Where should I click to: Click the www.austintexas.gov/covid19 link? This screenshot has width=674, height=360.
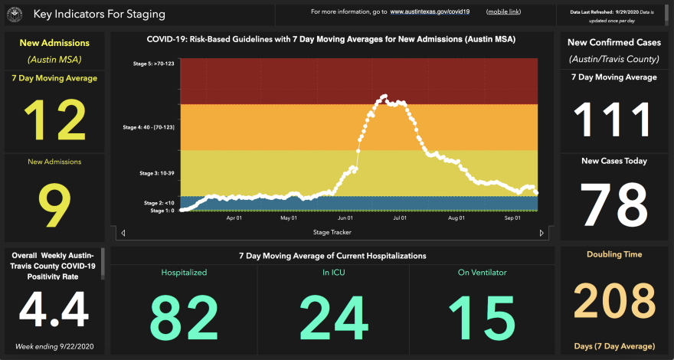pos(430,12)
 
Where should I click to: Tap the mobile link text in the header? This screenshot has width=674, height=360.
pos(503,12)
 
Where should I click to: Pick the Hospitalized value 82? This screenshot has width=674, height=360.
pos(184,316)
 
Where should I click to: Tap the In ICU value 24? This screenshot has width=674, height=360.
pos(333,316)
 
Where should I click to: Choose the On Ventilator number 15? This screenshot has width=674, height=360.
pos(482,316)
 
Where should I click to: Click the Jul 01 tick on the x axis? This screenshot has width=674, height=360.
pos(400,218)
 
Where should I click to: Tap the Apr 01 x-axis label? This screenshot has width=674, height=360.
pos(234,218)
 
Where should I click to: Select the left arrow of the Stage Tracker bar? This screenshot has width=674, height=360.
pos(123,233)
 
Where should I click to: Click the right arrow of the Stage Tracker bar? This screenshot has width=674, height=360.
pos(542,233)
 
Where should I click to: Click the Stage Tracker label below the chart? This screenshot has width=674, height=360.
pos(332,232)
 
